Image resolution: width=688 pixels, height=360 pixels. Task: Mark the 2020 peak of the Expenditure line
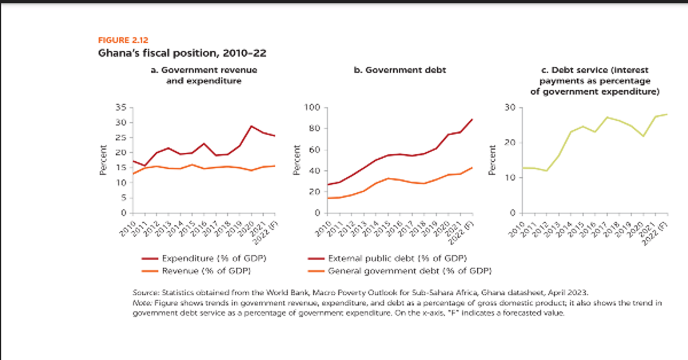point(251,126)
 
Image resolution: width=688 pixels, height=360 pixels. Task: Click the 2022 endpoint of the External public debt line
point(472,119)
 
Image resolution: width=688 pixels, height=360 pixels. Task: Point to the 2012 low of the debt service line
point(546,171)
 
